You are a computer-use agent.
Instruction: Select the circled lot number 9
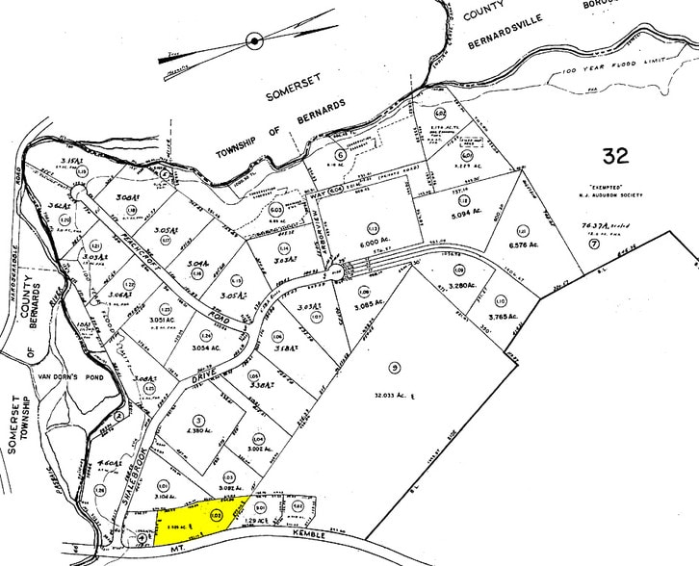[x=394, y=367]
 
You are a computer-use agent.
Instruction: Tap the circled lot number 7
[x=594, y=244]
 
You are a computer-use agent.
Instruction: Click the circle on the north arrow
[x=254, y=40]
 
